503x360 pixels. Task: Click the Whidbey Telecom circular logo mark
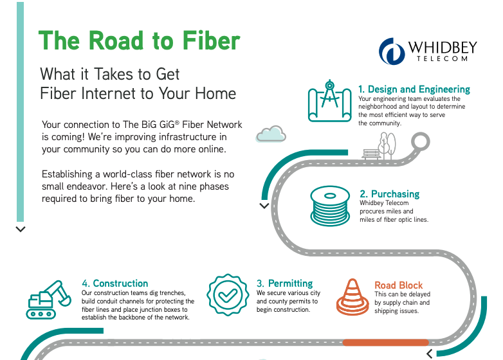point(392,51)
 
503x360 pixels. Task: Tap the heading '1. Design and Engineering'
point(414,89)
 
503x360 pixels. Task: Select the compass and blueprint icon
point(330,101)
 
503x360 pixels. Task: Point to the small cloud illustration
point(271,134)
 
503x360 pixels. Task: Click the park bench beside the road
point(371,154)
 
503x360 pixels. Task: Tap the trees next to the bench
point(387,146)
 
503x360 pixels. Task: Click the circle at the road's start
point(420,141)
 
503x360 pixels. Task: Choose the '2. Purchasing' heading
point(389,194)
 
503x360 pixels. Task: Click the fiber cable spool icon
point(330,206)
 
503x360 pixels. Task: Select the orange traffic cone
point(352,297)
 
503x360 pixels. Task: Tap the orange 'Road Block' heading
point(398,285)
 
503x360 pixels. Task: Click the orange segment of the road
point(385,343)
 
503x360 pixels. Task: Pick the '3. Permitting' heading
point(284,283)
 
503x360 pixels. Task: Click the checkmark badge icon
point(228,294)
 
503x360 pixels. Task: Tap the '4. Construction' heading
point(115,283)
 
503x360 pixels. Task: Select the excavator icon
point(48,300)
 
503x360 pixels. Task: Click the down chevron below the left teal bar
point(21,230)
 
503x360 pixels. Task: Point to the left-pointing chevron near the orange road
point(430,354)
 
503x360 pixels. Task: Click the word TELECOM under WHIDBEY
point(442,59)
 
